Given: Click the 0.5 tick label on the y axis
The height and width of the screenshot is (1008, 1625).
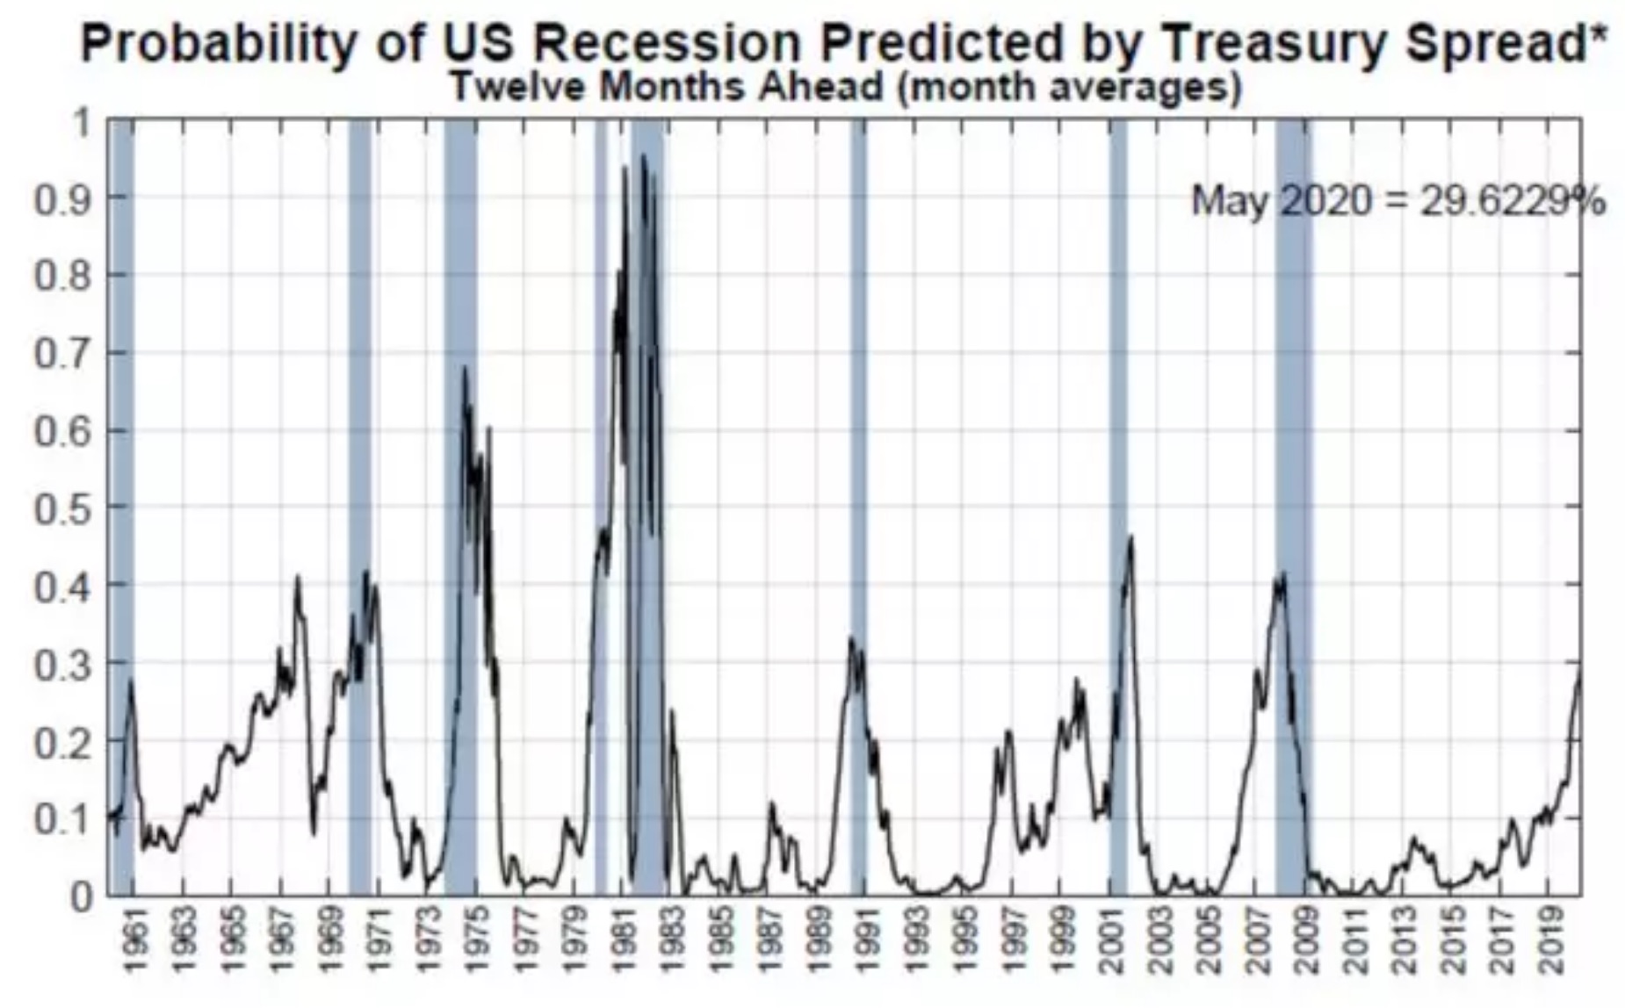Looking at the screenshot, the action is pos(62,508).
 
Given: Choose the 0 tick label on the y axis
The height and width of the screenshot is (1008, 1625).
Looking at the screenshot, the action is pos(80,896).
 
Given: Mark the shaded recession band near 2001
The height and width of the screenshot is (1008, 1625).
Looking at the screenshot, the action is pos(1117,507).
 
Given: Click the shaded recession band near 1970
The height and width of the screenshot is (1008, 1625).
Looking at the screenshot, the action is pos(359,507).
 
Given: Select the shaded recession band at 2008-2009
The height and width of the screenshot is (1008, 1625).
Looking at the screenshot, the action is pos(1291,507).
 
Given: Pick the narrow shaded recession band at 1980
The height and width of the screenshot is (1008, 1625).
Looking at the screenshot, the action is pos(601,507).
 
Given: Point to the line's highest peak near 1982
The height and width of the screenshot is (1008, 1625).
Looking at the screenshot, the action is pos(643,155).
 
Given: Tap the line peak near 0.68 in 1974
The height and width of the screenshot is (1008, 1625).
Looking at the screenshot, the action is pos(465,367).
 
